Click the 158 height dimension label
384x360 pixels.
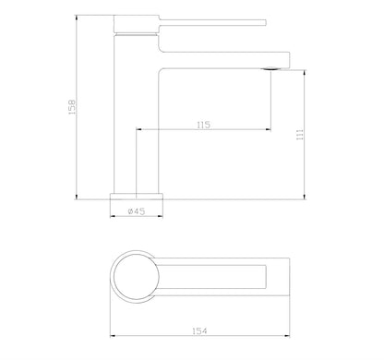(x=71, y=107)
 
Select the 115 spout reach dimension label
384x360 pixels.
(x=203, y=125)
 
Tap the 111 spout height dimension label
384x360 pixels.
(x=300, y=135)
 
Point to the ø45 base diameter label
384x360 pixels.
(x=137, y=211)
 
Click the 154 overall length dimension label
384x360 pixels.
(x=199, y=331)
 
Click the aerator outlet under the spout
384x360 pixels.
(x=270, y=68)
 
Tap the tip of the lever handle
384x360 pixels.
(x=266, y=23)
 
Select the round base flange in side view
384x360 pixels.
(x=137, y=197)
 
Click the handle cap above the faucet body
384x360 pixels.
(x=137, y=24)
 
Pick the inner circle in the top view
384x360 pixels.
(x=137, y=277)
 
